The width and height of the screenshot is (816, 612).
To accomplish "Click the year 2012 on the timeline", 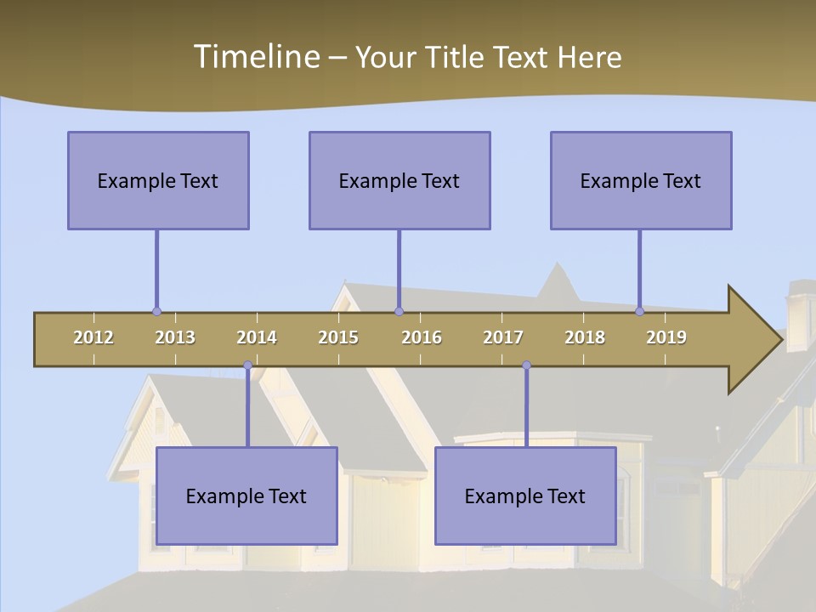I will (x=93, y=337).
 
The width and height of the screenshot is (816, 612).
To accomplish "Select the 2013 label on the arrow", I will (x=175, y=337).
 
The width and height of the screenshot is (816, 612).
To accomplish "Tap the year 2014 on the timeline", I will (x=257, y=337).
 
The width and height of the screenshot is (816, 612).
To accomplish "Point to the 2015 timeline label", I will (x=338, y=337).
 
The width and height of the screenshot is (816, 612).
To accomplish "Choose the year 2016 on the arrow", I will (x=422, y=337).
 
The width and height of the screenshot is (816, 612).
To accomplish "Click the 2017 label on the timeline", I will (x=503, y=337).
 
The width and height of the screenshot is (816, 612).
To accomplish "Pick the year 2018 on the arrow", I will (x=585, y=337).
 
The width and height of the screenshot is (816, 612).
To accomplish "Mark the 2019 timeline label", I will (x=666, y=337).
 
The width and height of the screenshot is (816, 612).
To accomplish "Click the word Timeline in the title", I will (x=255, y=57).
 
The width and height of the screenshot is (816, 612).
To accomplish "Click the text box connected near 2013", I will (x=158, y=180).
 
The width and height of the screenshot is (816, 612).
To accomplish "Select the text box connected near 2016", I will (x=399, y=180).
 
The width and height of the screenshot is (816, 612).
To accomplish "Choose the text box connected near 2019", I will (x=641, y=180).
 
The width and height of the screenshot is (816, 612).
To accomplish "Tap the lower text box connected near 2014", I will (x=246, y=496).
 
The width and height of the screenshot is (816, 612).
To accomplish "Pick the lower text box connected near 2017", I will (x=525, y=496).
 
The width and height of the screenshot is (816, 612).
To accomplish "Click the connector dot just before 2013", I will (x=156, y=312).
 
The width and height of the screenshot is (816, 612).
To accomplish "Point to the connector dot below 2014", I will (x=247, y=365).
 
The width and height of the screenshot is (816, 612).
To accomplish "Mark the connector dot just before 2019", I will (x=639, y=312).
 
